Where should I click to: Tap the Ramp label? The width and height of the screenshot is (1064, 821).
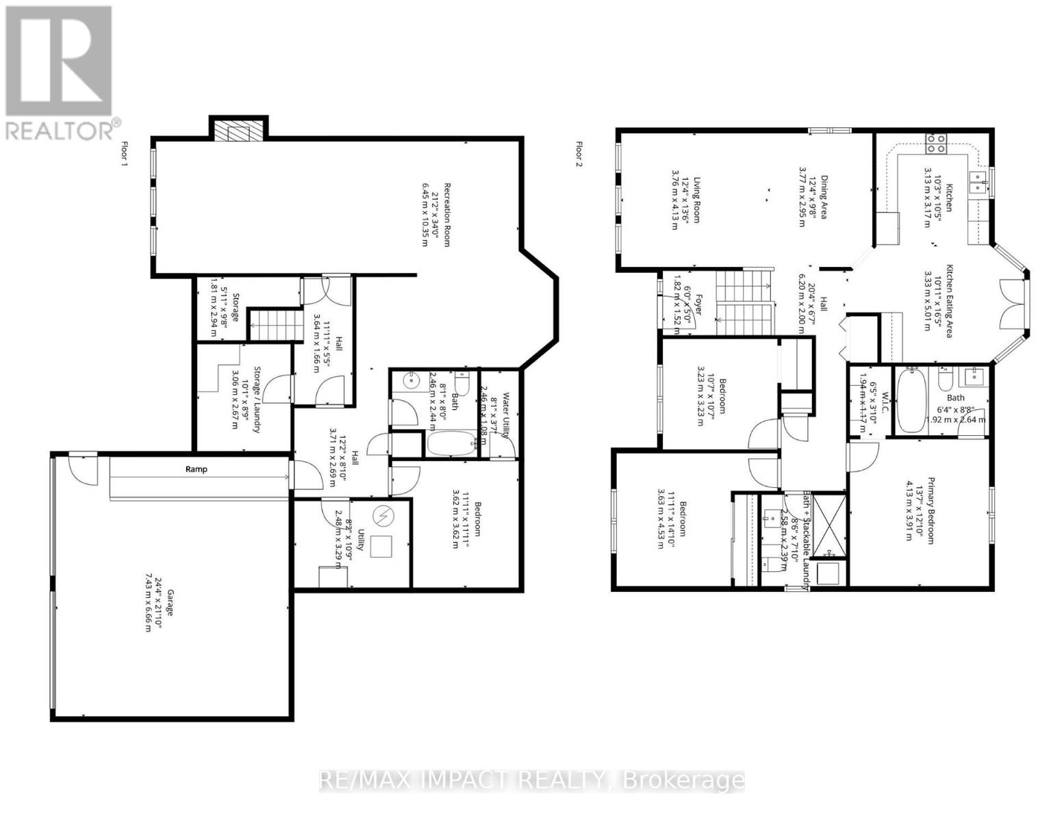196,469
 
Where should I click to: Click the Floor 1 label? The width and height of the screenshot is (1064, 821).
124,155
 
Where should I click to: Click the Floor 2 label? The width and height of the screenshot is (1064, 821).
579,155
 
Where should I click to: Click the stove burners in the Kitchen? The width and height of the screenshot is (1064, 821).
935,144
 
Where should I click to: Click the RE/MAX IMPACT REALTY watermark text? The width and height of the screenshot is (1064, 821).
531,780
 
